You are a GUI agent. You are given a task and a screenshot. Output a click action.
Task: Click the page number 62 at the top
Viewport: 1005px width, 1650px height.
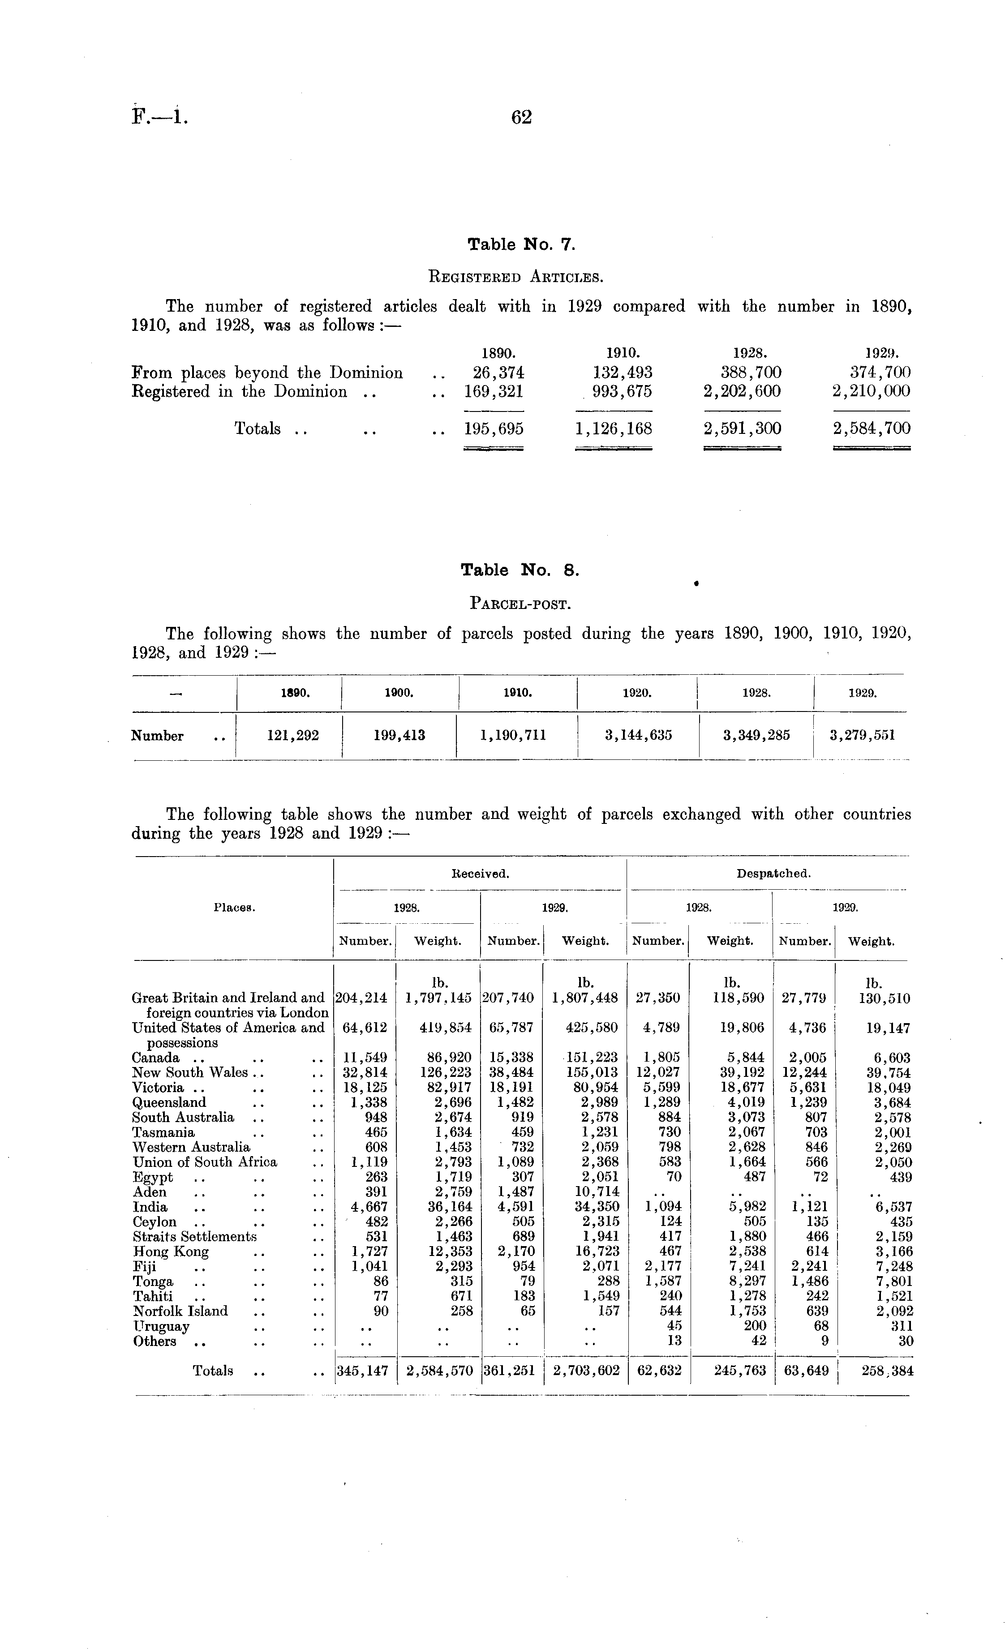521,118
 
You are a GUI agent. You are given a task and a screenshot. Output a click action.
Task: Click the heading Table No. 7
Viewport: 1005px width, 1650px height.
521,244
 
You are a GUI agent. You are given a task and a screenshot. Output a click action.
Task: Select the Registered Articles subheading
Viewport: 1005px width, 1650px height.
521,275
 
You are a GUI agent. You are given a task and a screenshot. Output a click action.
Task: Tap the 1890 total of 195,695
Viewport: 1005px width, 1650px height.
494,429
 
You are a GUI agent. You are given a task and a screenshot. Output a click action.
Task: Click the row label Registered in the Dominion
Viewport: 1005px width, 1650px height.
239,392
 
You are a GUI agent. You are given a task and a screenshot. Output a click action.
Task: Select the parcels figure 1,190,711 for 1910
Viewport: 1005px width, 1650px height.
513,735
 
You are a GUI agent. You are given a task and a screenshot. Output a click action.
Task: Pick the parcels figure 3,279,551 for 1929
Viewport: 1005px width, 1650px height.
862,735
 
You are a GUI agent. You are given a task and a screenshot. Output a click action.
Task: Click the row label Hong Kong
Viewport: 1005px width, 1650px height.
171,1251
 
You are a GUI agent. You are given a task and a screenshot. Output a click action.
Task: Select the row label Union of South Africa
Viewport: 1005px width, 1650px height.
204,1162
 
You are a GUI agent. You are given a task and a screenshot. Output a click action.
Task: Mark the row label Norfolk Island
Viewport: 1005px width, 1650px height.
180,1311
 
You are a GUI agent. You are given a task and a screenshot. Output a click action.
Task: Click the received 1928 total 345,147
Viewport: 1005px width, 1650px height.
362,1371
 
